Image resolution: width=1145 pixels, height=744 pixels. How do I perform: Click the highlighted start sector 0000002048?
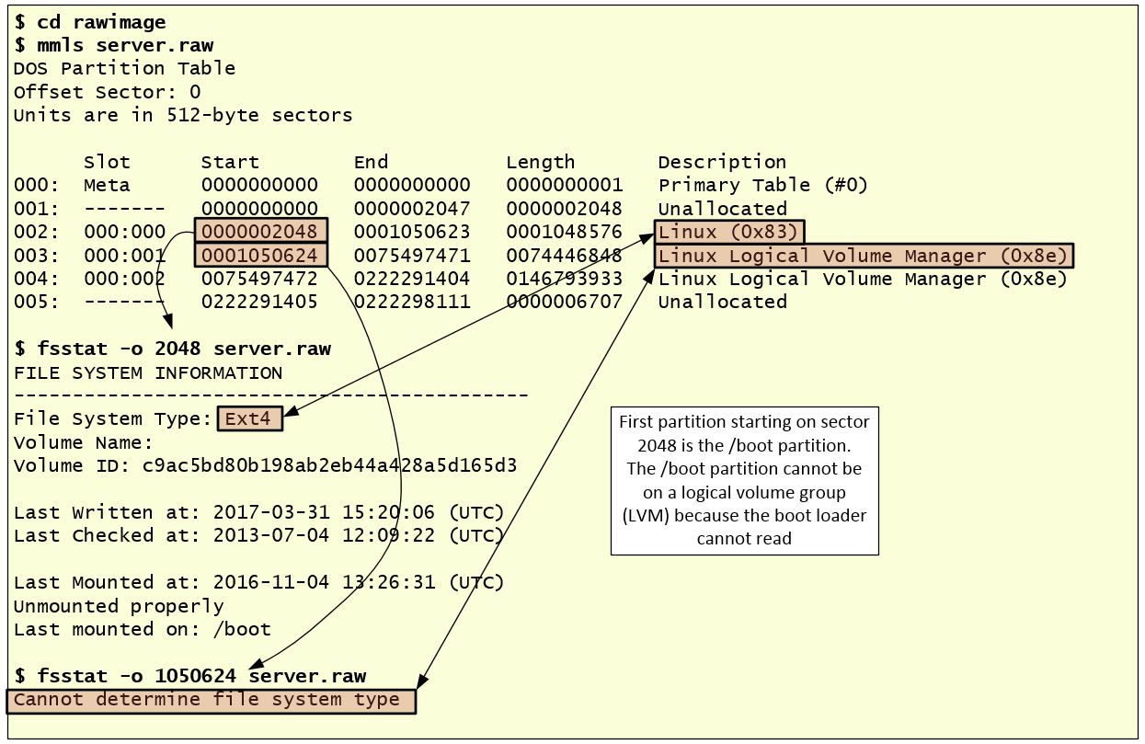click(260, 232)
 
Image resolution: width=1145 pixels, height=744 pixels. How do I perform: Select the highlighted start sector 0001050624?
click(260, 255)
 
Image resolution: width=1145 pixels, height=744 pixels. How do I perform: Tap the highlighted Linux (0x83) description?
click(728, 232)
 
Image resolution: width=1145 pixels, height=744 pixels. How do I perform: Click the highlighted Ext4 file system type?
click(249, 418)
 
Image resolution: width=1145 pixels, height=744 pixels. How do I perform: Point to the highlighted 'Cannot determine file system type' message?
click(211, 700)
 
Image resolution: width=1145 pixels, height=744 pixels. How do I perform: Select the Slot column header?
click(107, 162)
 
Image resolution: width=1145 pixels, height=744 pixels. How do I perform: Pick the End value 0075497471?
click(412, 255)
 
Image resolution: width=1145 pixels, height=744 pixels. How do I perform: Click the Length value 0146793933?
click(564, 279)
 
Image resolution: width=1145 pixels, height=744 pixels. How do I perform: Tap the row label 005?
click(31, 302)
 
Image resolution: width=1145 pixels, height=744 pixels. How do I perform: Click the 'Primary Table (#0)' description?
click(762, 185)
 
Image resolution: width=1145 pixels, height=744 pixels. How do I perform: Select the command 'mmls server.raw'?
click(125, 44)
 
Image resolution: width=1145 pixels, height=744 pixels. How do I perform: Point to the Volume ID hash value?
click(329, 465)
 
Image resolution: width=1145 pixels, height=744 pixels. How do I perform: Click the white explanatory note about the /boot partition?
click(744, 480)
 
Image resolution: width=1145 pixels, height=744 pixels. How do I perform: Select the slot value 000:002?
click(124, 279)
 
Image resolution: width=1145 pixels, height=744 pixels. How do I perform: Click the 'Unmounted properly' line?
click(119, 606)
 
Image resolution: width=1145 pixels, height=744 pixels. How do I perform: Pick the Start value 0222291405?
click(260, 302)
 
